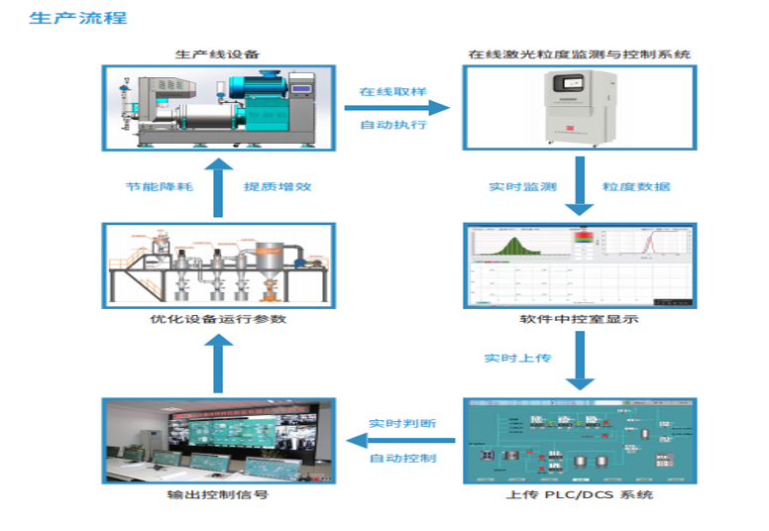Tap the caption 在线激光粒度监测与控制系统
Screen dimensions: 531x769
(579, 53)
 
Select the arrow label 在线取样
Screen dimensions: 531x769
(393, 91)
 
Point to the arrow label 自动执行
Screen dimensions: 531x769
(393, 125)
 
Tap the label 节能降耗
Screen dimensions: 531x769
(159, 186)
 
